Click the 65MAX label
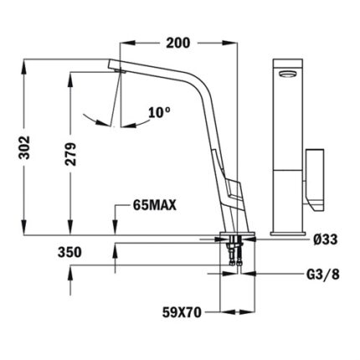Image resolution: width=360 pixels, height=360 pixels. pos(155,203)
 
